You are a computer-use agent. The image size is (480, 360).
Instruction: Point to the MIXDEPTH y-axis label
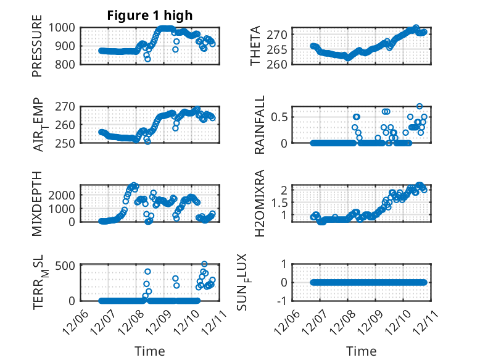pyautogui.click(x=38, y=203)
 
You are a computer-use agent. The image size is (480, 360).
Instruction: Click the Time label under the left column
pyautogui.click(x=150, y=351)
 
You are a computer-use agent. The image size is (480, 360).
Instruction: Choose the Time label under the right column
pyautogui.click(x=361, y=351)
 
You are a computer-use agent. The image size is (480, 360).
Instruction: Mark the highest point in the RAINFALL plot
pyautogui.click(x=420, y=106)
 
